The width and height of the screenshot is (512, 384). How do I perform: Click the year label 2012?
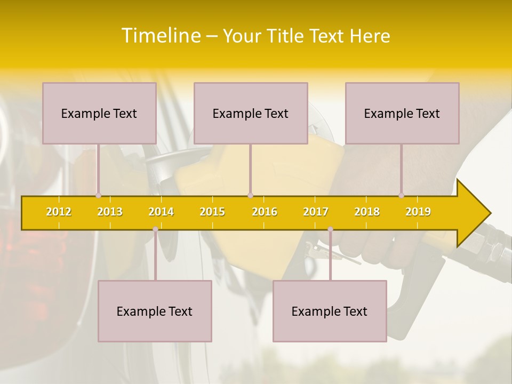(x=59, y=212)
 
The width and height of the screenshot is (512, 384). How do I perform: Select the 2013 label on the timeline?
(x=110, y=212)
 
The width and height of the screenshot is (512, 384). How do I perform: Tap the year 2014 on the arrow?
(x=161, y=212)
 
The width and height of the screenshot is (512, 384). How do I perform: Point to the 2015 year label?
(x=212, y=212)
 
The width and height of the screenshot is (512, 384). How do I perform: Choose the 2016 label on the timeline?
(x=265, y=212)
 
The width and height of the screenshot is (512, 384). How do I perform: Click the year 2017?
(x=316, y=212)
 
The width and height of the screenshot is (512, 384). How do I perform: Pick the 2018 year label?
(x=367, y=212)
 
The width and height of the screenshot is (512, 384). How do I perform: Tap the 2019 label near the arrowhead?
(x=418, y=212)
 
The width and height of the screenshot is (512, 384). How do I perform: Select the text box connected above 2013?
(x=99, y=113)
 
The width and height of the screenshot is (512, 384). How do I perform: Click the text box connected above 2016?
(x=251, y=113)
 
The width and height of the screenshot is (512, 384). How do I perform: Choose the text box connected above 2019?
(x=402, y=113)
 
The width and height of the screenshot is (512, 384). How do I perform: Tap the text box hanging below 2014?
(x=155, y=311)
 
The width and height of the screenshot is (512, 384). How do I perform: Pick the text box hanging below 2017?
(x=330, y=311)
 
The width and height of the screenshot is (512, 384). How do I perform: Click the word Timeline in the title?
(x=160, y=36)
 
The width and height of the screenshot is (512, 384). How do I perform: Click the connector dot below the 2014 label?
(x=155, y=229)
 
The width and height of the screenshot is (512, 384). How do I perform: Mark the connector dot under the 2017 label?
(x=330, y=229)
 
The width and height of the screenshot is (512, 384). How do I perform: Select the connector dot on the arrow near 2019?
(x=402, y=195)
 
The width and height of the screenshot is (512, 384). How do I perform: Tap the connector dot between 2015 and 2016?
(x=250, y=195)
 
